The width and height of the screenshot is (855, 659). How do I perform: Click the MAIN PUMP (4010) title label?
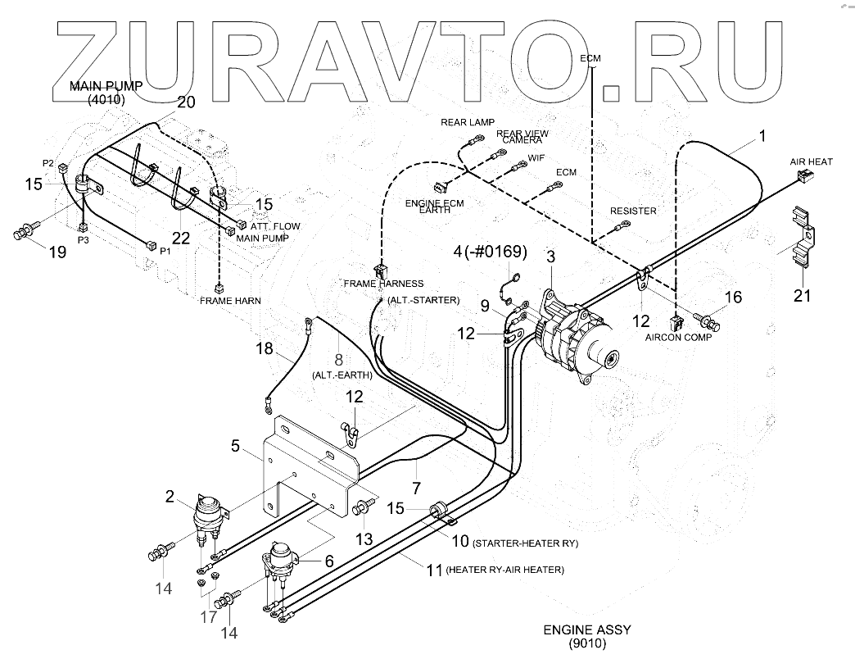(x=106, y=92)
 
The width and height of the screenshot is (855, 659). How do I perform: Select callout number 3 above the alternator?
(x=551, y=257)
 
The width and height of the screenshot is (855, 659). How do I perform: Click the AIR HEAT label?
(x=811, y=162)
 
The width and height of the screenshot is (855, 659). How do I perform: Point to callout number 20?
(x=187, y=102)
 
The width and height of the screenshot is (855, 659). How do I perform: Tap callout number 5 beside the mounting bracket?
(x=236, y=447)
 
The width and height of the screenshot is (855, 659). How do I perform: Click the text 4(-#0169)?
(x=490, y=250)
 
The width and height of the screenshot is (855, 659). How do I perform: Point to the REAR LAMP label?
(x=468, y=122)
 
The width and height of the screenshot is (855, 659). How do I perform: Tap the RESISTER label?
(x=633, y=211)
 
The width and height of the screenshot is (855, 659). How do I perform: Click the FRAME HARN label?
(x=231, y=301)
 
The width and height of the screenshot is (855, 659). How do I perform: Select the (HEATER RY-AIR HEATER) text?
(x=505, y=570)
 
